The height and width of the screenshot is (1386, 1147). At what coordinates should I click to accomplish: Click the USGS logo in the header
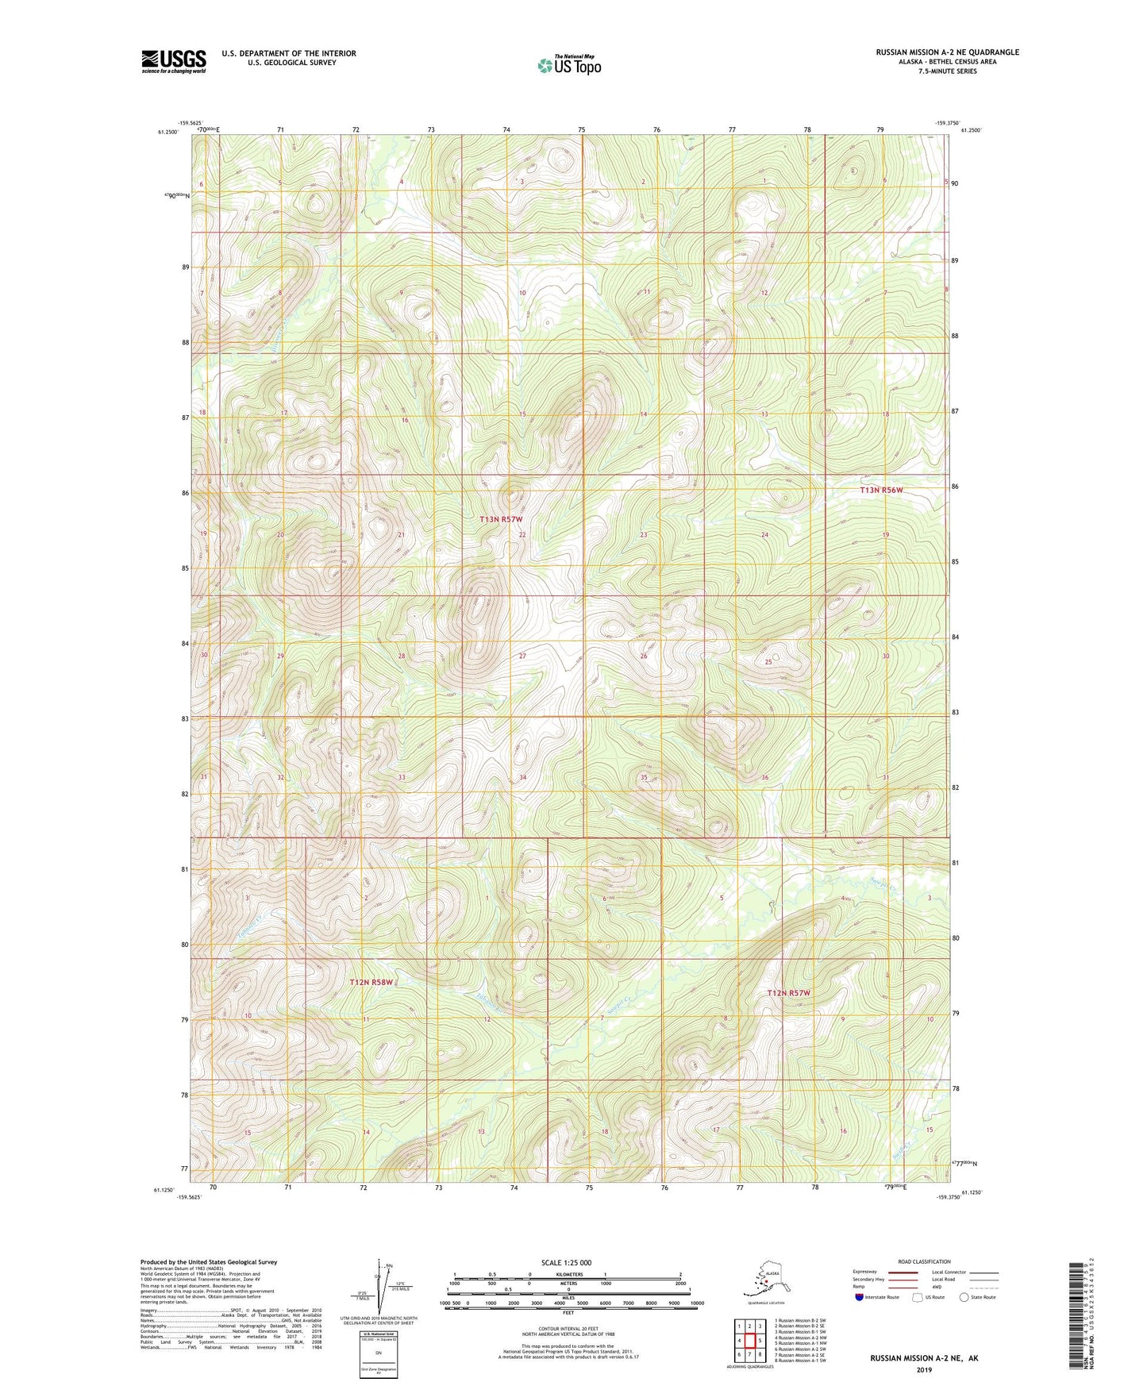point(173,61)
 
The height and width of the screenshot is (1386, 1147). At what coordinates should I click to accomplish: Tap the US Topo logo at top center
point(568,65)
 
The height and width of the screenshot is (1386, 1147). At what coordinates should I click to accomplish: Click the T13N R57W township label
point(501,519)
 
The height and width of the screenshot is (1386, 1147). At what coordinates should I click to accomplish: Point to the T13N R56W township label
point(881,491)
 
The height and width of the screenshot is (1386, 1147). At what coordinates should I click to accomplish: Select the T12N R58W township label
point(371,983)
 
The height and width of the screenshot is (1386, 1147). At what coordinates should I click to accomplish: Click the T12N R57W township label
point(788,993)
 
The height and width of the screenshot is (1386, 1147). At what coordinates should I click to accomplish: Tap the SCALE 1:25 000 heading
point(567,1263)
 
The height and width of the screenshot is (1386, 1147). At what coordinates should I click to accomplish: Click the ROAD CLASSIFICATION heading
point(924,1261)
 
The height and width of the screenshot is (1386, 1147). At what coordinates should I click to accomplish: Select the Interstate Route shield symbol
point(860,1297)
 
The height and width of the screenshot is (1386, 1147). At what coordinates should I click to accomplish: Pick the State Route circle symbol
point(964,1297)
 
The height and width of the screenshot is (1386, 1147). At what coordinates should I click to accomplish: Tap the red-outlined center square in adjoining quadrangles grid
point(749,1341)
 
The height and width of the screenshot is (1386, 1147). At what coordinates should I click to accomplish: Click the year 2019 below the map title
point(924,1369)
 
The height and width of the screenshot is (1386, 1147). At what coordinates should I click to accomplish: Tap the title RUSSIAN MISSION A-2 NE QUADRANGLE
point(947,52)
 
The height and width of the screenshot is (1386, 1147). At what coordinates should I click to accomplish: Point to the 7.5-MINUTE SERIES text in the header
point(947,71)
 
